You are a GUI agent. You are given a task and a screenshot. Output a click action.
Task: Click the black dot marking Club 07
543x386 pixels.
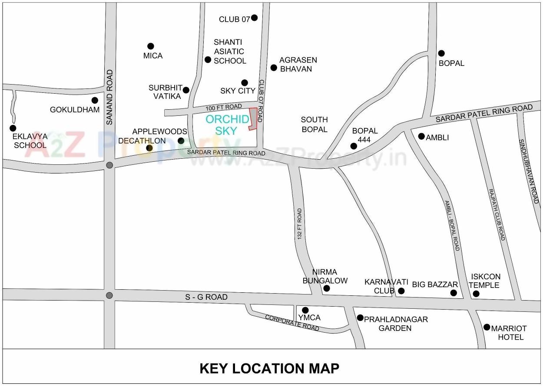point(254,18)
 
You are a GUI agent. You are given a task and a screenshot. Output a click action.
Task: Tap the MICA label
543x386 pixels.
point(153,56)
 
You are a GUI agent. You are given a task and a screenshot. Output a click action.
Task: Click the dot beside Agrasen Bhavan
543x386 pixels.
point(274,68)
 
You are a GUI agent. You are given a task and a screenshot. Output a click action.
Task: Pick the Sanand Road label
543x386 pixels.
point(109,98)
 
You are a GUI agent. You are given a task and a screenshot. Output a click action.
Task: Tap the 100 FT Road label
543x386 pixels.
point(224,107)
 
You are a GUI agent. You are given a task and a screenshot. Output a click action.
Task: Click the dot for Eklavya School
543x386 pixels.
point(13,128)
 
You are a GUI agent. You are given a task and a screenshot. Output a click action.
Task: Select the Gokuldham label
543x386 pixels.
point(75,110)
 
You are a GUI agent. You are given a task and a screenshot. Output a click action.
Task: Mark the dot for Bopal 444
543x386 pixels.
point(354,146)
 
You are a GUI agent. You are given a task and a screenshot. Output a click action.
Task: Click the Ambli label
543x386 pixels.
point(437,137)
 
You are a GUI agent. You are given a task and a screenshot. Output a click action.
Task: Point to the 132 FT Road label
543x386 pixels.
point(299,223)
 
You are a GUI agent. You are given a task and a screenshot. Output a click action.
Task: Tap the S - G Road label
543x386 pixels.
point(206,297)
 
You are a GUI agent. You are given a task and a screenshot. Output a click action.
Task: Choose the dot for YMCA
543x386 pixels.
point(305,310)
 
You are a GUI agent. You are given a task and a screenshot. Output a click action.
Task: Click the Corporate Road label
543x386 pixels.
point(292,323)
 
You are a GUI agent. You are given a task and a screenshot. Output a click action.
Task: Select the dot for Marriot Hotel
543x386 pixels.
point(487,327)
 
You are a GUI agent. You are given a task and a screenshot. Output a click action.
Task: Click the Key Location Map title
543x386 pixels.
point(269,368)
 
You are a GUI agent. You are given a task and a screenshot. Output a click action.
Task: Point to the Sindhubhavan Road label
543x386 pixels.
point(529,171)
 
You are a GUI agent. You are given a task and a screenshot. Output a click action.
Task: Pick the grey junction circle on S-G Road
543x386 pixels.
point(109,295)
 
